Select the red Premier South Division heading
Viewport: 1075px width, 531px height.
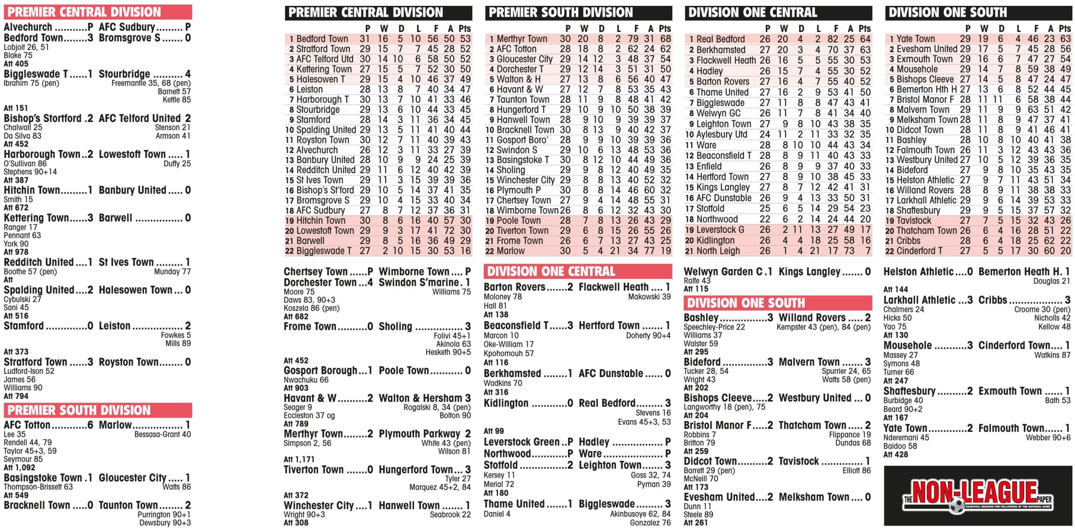pos(79,410)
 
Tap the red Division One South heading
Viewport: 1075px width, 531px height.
pos(746,303)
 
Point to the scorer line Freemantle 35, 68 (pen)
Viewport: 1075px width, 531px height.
pos(151,83)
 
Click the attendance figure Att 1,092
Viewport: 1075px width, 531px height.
pos(19,468)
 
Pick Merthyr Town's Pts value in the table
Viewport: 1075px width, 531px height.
pos(665,39)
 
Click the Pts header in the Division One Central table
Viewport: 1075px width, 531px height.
pos(865,29)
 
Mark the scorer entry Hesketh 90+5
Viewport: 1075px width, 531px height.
pos(448,352)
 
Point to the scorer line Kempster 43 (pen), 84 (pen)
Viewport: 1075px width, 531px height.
pos(823,327)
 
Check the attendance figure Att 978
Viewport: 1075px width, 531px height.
pos(16,252)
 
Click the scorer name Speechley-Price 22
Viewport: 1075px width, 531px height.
pos(714,327)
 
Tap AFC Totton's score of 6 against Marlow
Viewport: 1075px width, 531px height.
pos(90,425)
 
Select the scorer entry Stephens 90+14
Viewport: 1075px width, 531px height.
pos(30,172)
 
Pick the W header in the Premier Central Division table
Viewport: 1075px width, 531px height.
pos(384,29)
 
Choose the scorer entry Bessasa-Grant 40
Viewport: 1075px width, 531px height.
pos(163,434)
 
